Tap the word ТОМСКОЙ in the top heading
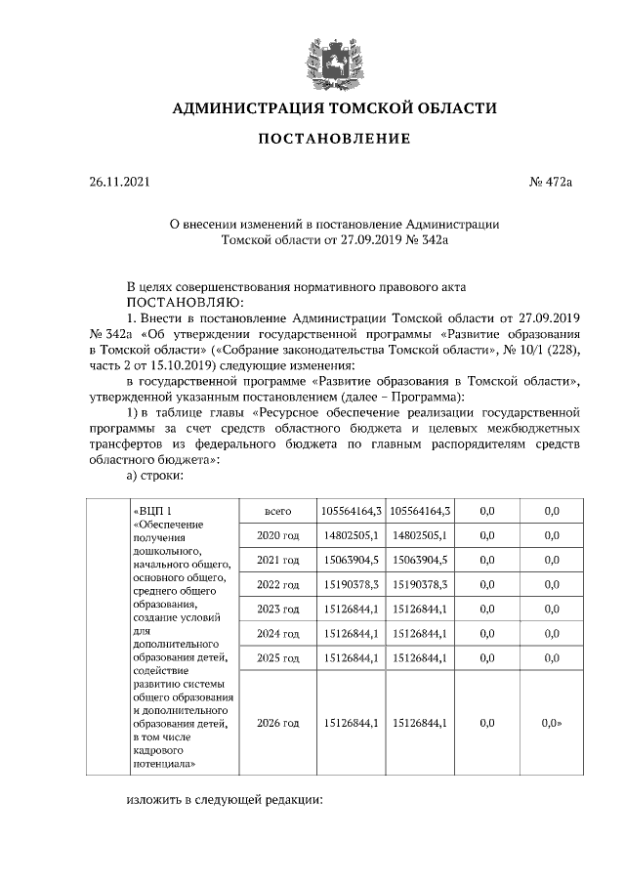click(377, 107)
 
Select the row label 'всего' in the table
click(278, 510)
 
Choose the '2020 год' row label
click(277, 535)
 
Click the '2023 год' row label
click(277, 610)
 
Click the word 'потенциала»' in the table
click(166, 764)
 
